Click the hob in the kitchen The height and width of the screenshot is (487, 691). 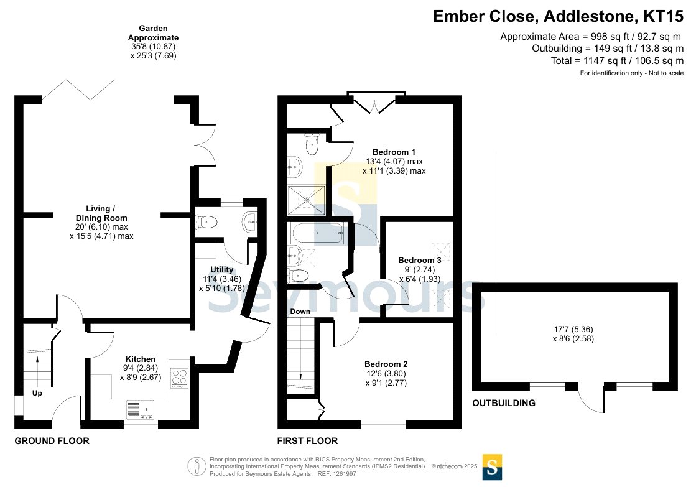click(x=179, y=378)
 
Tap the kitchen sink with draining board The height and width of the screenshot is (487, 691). click(x=140, y=409)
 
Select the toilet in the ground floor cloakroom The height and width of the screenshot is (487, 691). click(x=206, y=221)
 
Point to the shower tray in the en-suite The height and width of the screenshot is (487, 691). click(x=306, y=200)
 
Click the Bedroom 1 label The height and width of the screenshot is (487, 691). click(x=394, y=152)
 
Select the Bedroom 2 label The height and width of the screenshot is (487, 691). click(x=386, y=364)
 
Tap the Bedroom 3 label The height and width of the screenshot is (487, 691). click(x=420, y=260)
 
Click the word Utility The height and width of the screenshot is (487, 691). click(x=221, y=269)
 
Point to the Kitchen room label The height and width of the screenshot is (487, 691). click(x=140, y=359)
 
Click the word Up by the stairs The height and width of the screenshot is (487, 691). click(x=37, y=393)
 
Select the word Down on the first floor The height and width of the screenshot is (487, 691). click(x=300, y=312)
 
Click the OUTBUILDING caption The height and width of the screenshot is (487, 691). click(x=504, y=403)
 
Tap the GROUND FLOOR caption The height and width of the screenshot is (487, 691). click(x=52, y=441)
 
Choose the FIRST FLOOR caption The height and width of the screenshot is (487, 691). click(x=308, y=441)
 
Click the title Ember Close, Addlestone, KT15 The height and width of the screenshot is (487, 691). click(x=559, y=16)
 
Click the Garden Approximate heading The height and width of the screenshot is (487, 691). click(x=154, y=33)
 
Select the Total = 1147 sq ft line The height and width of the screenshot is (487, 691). click(x=618, y=60)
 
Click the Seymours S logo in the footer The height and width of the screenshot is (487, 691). click(x=492, y=467)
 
